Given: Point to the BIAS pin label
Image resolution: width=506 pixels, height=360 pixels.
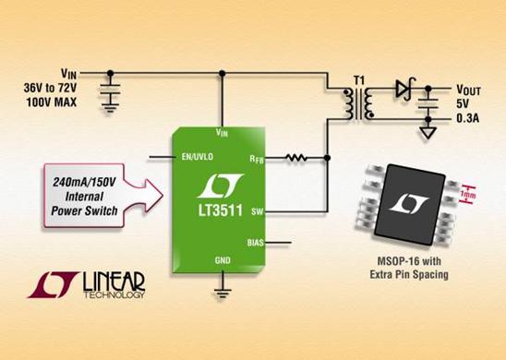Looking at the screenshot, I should click(255, 243).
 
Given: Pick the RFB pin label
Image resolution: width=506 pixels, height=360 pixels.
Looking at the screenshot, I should click(256, 160).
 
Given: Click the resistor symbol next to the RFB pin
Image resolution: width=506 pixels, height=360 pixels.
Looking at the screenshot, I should click(297, 158).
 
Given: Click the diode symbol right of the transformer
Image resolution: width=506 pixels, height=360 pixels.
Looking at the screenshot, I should click(403, 90).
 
